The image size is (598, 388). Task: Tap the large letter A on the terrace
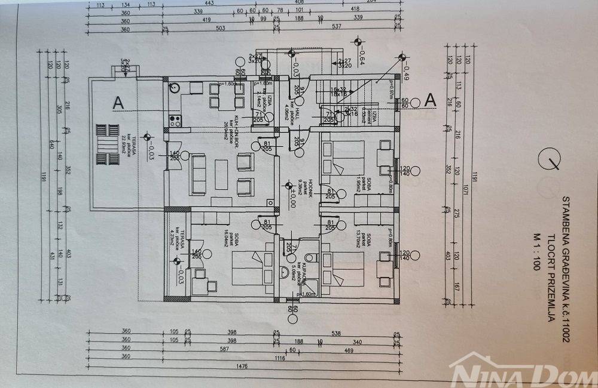pyautogui.click(x=118, y=103)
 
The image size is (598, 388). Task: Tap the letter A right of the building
pyautogui.click(x=429, y=100)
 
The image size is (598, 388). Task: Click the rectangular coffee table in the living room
pyautogui.click(x=221, y=173)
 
